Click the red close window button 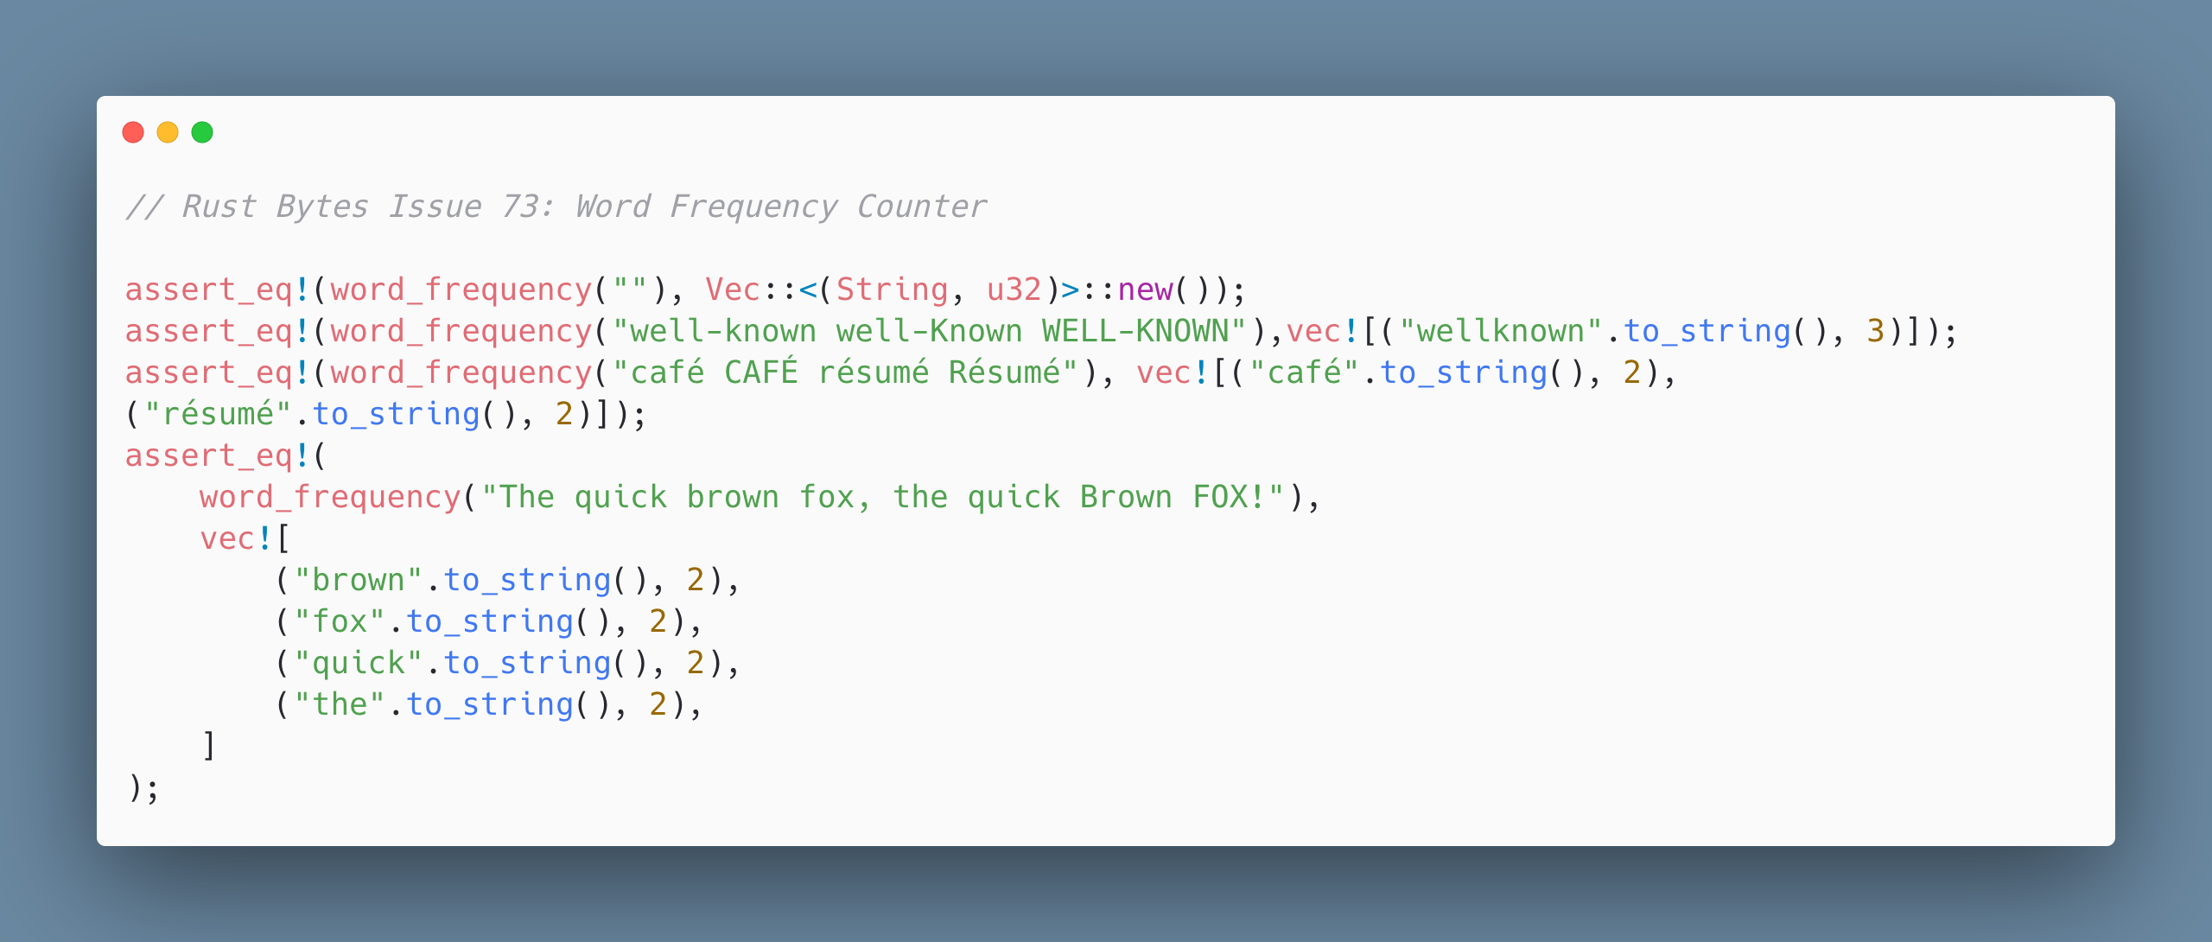click(x=133, y=132)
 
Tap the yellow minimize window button click(x=168, y=132)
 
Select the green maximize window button click(x=202, y=132)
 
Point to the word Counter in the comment click(x=922, y=207)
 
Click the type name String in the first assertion click(x=892, y=290)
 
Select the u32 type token click(x=1014, y=290)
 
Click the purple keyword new click(x=1146, y=290)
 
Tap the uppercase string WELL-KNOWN click(x=1135, y=331)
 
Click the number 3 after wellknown click(x=1875, y=331)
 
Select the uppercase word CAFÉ click(x=761, y=372)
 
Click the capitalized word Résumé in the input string click(x=1004, y=372)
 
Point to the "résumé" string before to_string click(x=218, y=413)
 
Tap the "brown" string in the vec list click(x=358, y=580)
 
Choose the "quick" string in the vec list click(x=358, y=663)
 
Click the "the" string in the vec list click(x=340, y=704)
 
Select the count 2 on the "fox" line click(x=658, y=621)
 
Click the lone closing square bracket click(x=208, y=746)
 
